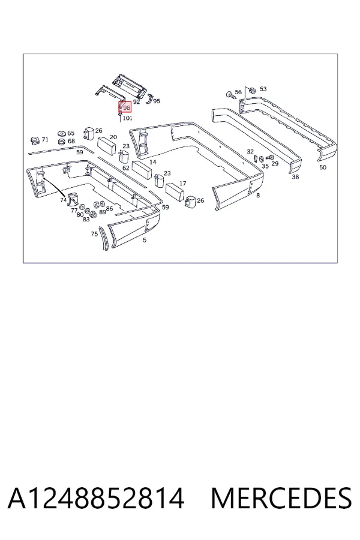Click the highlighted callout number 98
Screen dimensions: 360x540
coord(127,108)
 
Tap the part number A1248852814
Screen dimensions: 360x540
coord(96,499)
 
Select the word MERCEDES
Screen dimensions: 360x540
coord(281,499)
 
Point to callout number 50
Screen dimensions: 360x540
coord(323,167)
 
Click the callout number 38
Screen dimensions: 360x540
coord(295,176)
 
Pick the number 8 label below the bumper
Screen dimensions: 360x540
coord(258,195)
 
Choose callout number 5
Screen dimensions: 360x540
coord(145,239)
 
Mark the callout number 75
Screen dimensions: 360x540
coord(94,234)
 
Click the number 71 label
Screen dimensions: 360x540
coord(45,139)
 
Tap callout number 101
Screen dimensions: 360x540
coord(127,118)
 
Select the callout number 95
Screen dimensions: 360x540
coord(157,101)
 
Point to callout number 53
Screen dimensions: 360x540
coord(263,89)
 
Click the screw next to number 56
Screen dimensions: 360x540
coord(230,95)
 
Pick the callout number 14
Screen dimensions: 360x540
coord(153,162)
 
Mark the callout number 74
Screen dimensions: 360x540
coord(63,200)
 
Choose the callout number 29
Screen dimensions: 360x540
coord(275,163)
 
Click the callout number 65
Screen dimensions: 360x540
coord(71,133)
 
